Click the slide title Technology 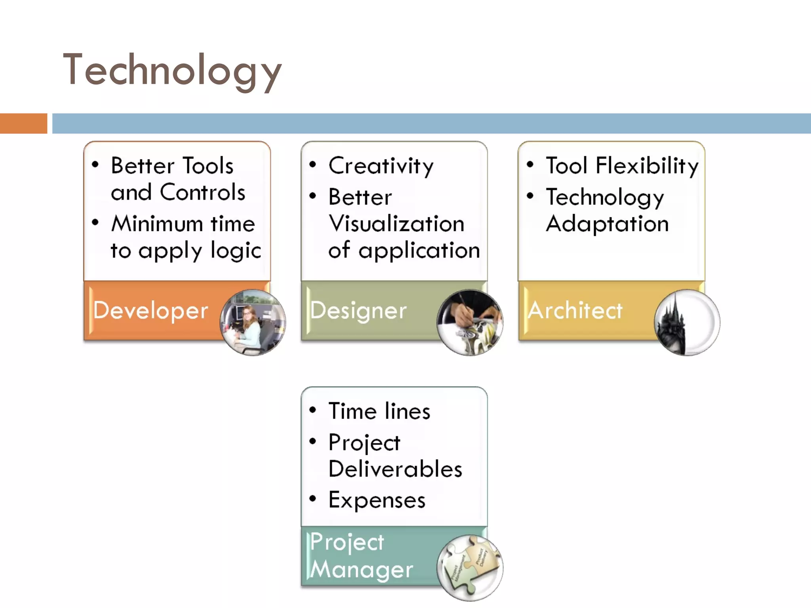(172, 70)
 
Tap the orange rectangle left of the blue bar (23, 123)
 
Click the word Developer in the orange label (150, 310)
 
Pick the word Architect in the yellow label (575, 310)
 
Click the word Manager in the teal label (361, 570)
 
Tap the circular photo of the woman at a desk (253, 323)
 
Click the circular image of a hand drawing (470, 323)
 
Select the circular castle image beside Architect (687, 323)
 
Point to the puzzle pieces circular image (470, 568)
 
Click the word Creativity (381, 166)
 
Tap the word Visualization (396, 224)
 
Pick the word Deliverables (395, 469)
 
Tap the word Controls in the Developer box (202, 193)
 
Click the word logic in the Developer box (236, 251)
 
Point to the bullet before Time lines (313, 410)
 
